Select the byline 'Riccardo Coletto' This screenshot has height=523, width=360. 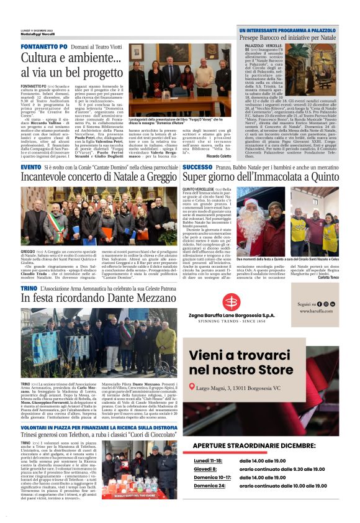(217, 155)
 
